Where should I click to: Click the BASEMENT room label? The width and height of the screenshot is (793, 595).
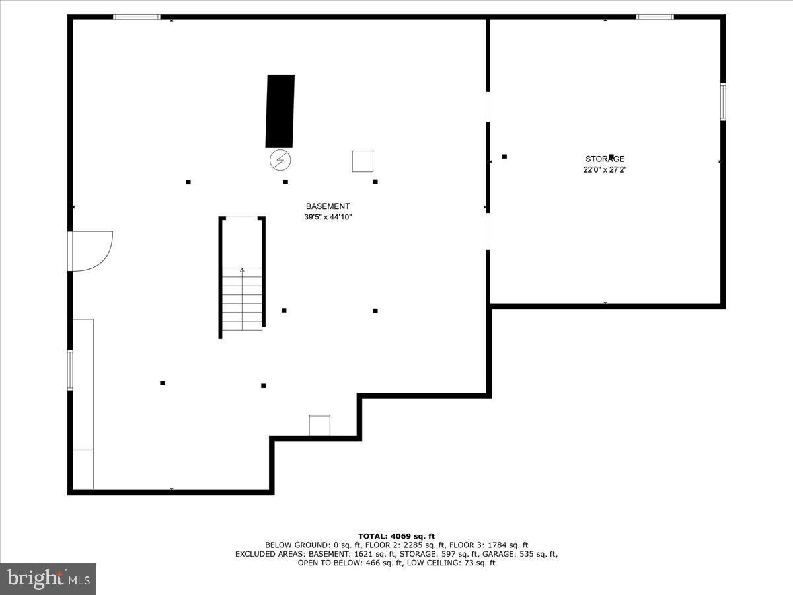328,206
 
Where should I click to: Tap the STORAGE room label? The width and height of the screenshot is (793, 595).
605,159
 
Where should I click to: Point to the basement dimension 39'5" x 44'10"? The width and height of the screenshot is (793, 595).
328,217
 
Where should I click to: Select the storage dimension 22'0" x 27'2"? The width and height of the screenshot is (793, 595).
605,169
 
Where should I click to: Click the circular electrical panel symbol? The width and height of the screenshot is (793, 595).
280,159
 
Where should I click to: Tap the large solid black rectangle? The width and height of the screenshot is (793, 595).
280,111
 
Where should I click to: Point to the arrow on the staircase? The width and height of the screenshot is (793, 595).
242,270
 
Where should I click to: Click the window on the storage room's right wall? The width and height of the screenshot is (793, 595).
723,102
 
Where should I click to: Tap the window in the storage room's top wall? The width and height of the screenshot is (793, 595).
655,17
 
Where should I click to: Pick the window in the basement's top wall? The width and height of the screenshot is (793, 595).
137,17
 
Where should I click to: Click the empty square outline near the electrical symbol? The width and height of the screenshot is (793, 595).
362,161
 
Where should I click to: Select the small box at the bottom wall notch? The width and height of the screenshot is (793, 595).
320,426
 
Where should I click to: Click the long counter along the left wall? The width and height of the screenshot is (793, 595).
83,403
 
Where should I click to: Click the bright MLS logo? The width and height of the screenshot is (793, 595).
48,579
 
